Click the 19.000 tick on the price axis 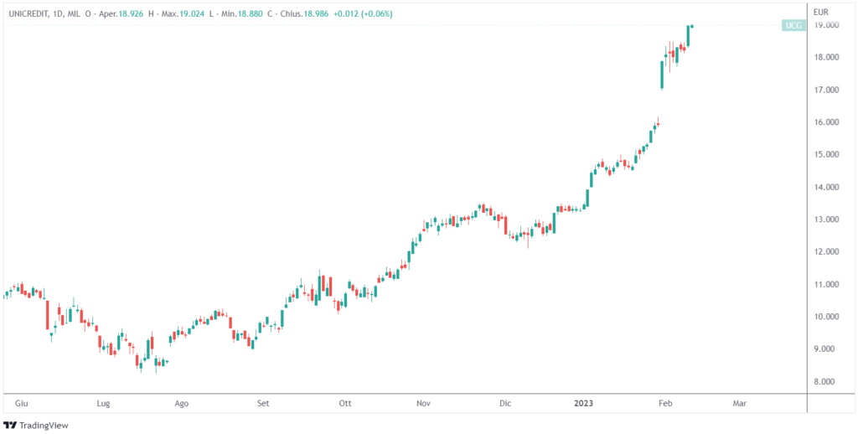829,25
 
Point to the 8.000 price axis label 829,381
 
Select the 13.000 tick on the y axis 829,220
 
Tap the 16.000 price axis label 829,122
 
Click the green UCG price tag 793,26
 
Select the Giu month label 21,403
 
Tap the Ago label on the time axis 181,403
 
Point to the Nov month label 423,403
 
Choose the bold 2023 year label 584,403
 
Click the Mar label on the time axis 740,403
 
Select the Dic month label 504,403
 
